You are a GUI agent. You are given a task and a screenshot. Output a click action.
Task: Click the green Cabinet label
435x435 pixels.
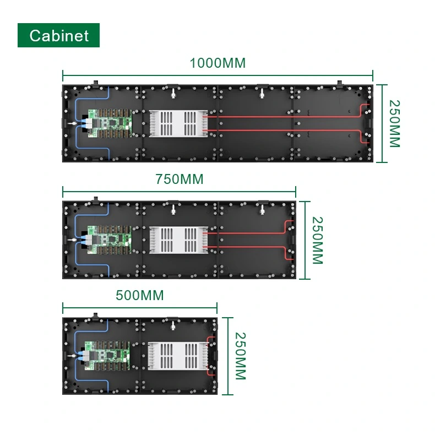[x=58, y=35]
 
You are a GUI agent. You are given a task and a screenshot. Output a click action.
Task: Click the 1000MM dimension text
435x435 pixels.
[x=218, y=63]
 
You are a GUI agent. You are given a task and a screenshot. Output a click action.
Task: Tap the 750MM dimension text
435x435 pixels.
[x=179, y=179]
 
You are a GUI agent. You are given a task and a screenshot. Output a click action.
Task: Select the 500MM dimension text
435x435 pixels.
[x=139, y=295]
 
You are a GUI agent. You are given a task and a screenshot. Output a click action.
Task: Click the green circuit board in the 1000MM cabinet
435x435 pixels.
[x=112, y=123]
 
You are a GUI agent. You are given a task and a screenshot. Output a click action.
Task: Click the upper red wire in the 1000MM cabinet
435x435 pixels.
[x=286, y=117]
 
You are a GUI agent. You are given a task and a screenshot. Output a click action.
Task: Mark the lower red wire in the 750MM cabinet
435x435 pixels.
[x=248, y=247]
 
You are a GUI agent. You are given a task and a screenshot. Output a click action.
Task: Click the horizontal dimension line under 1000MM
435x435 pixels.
[x=218, y=77]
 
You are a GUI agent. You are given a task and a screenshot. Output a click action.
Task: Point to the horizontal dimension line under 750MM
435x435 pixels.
[x=179, y=192]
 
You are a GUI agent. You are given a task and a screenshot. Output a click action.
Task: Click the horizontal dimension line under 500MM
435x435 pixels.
[x=139, y=308]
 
